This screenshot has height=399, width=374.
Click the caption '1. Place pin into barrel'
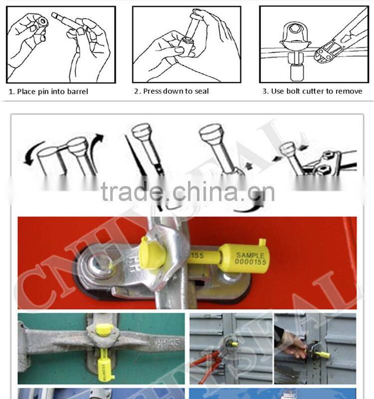click(48, 91)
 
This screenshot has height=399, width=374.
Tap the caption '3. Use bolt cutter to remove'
click(312, 91)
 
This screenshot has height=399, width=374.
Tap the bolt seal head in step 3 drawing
click(294, 38)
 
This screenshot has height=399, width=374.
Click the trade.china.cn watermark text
click(187, 191)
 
